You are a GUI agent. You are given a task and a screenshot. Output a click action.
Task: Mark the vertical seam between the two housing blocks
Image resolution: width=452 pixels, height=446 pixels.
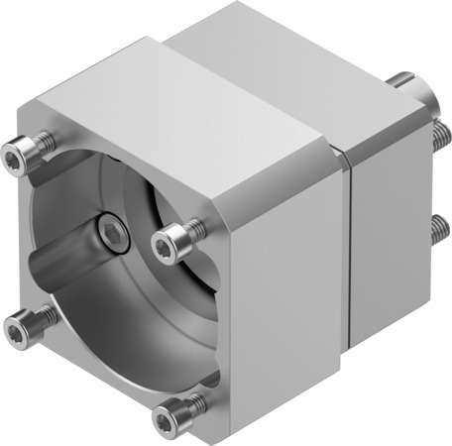349,248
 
